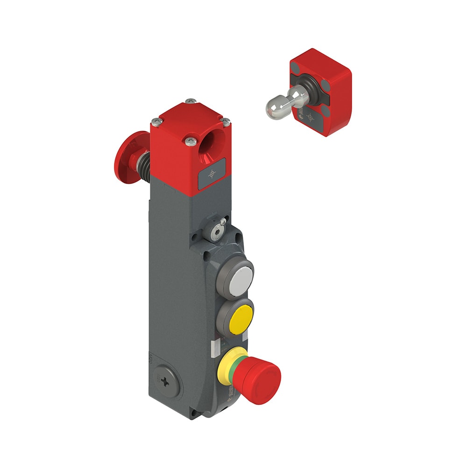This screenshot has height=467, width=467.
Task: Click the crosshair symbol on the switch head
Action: (x=212, y=174)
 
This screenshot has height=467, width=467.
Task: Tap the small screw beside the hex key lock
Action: (x=224, y=221)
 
